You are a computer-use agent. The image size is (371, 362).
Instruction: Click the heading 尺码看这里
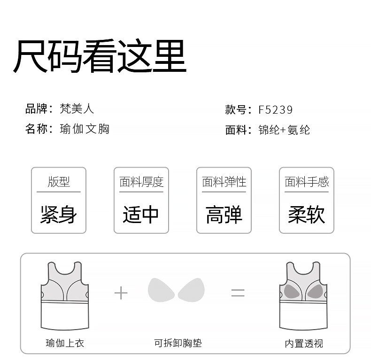coord(100,56)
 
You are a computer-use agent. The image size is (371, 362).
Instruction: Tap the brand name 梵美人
coord(77,109)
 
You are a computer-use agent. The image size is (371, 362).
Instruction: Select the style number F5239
coord(276,110)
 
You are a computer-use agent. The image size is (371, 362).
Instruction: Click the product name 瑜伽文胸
coord(85,129)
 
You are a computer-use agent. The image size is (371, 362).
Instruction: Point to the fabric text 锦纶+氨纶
coord(284,130)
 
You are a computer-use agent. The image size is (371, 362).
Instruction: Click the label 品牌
coord(36,109)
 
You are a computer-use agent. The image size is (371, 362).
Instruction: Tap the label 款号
coord(236,110)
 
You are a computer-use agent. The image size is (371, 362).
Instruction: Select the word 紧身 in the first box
coord(59,215)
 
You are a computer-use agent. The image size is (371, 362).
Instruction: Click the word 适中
coord(141,215)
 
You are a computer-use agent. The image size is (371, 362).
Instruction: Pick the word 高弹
coord(224,215)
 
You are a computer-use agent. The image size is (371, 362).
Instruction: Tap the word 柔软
coord(307,215)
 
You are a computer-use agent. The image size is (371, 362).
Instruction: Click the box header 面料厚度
coord(141,182)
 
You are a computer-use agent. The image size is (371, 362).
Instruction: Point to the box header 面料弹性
coord(224,182)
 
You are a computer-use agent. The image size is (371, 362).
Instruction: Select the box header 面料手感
coord(307,182)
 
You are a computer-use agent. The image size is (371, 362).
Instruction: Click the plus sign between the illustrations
coord(121,293)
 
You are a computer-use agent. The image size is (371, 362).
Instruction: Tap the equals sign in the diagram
coord(238,293)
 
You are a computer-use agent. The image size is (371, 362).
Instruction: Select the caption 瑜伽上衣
coord(65,343)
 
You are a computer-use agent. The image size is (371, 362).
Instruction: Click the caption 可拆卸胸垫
coord(178,343)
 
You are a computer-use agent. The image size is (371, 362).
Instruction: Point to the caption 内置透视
coord(304,343)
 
